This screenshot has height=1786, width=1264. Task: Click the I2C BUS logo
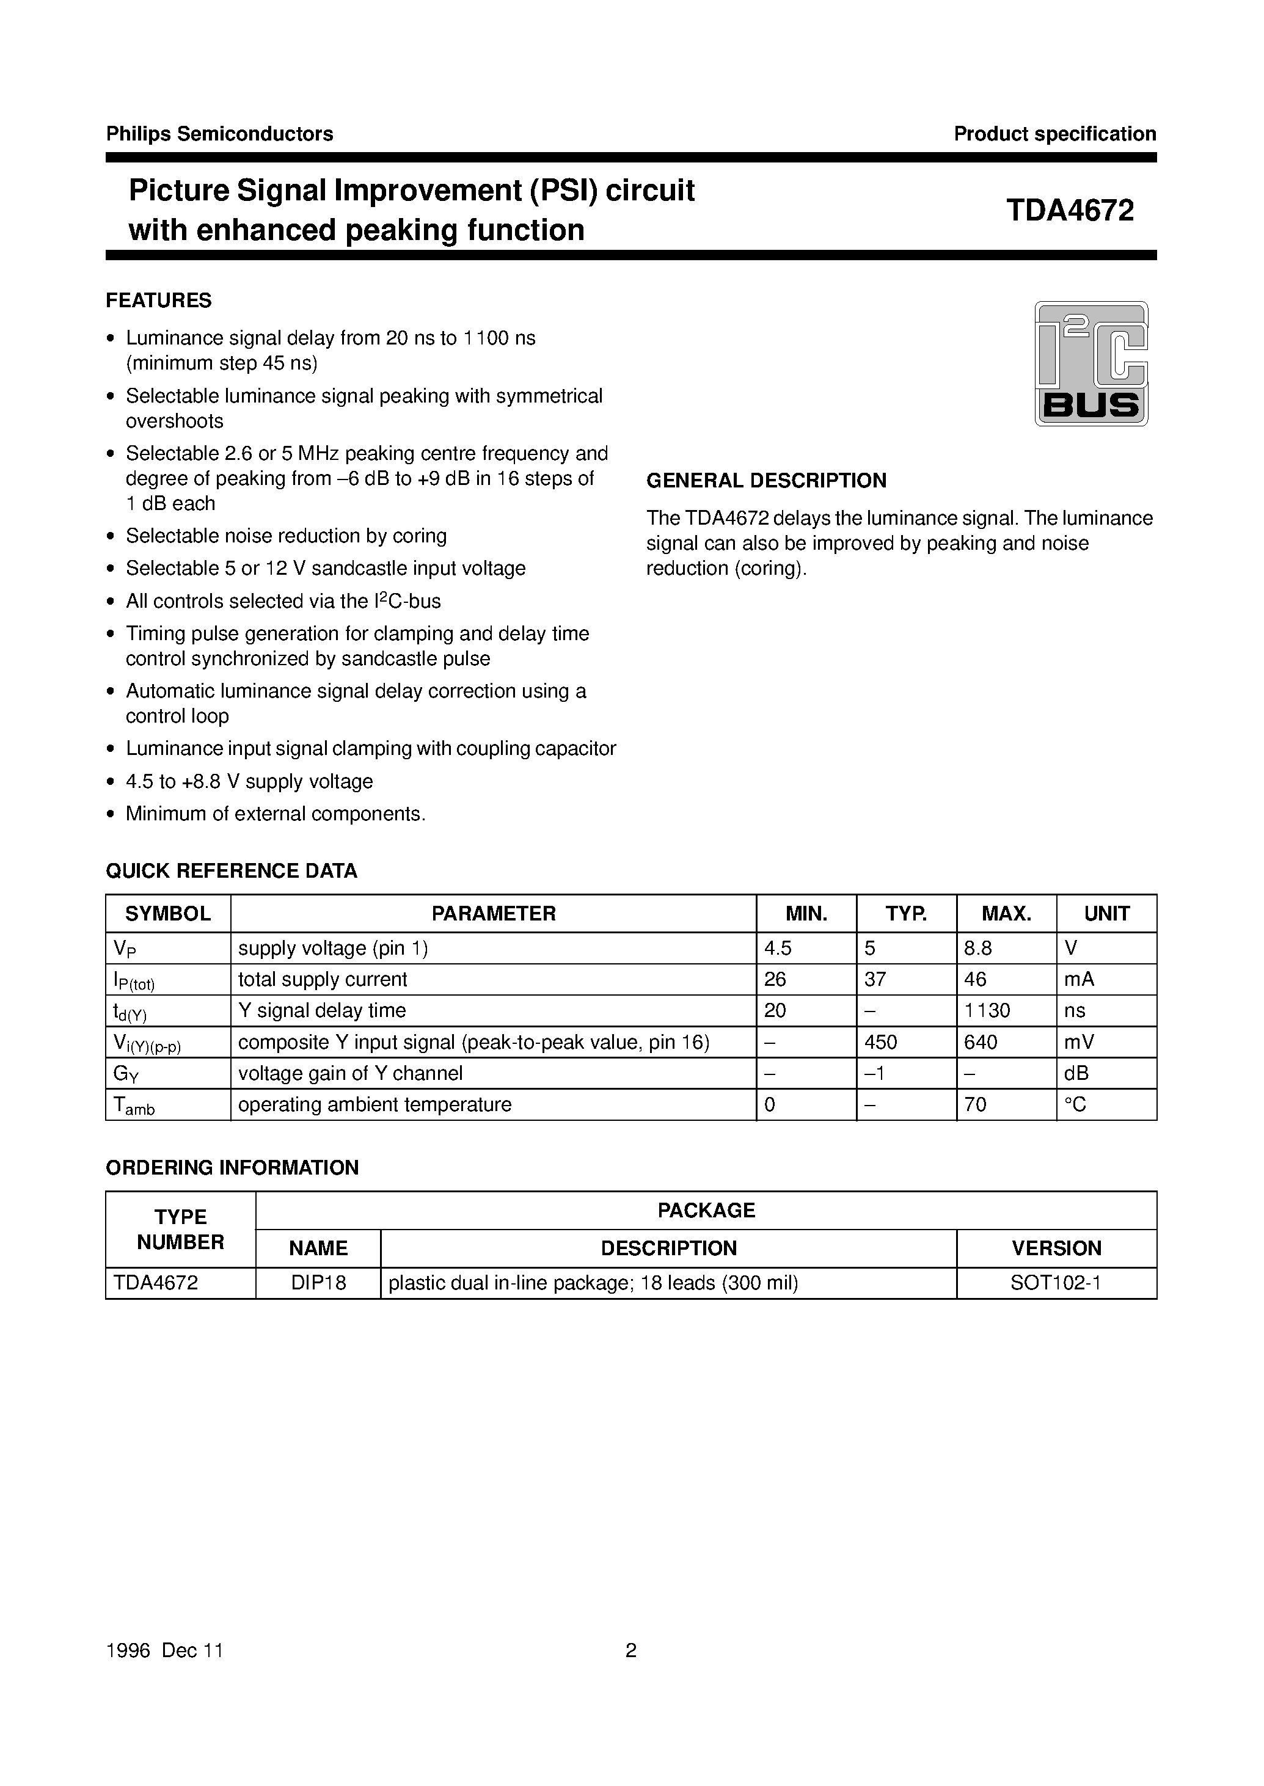pyautogui.click(x=1090, y=363)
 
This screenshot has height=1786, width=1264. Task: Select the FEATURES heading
pyautogui.click(x=159, y=301)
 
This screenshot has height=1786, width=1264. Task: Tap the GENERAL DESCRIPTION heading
pyautogui.click(x=766, y=480)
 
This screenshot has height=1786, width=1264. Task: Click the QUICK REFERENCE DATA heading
pyautogui.click(x=231, y=871)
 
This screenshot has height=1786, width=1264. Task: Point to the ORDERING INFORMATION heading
pyautogui.click(x=232, y=1167)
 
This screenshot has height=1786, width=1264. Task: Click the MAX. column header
pyautogui.click(x=1006, y=914)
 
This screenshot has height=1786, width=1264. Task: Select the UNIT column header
pyautogui.click(x=1106, y=914)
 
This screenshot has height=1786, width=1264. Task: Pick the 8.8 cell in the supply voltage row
pyautogui.click(x=977, y=948)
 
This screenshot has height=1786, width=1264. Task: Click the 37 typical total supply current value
pyautogui.click(x=875, y=979)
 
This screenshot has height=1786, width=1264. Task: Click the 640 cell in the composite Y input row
pyautogui.click(x=981, y=1042)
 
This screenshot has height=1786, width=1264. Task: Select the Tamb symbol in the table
pyautogui.click(x=134, y=1106)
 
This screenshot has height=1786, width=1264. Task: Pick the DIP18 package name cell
pyautogui.click(x=318, y=1283)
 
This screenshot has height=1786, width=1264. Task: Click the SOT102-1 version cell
pyautogui.click(x=1056, y=1283)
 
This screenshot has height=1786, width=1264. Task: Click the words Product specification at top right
pyautogui.click(x=1054, y=134)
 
